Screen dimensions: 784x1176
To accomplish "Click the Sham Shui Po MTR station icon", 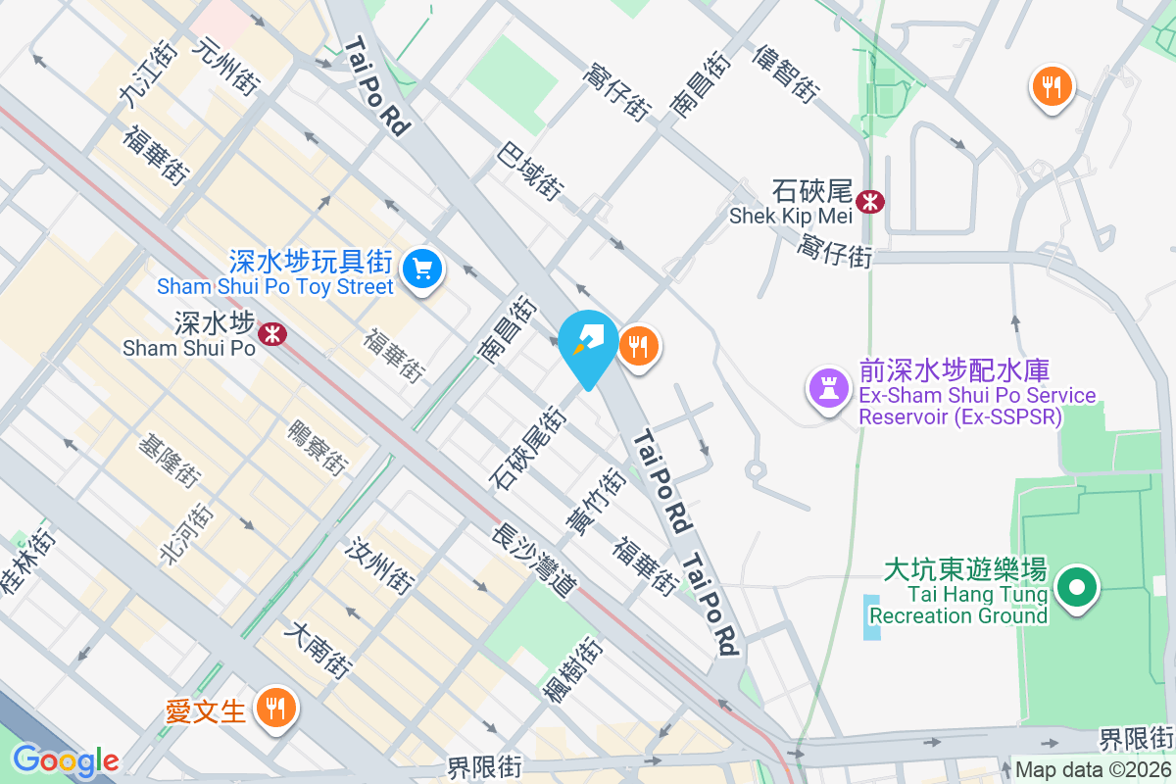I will coord(271,336).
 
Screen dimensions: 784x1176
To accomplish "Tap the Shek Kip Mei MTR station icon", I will coord(869,202).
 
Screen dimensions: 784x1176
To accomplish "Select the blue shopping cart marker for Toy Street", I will coord(423,268).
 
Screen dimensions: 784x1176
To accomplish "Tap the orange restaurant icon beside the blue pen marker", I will coord(639,347).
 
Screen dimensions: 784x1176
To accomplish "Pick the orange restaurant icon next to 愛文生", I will coord(275,708).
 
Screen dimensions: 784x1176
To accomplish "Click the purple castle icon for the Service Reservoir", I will coord(829,389).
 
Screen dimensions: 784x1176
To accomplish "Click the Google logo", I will coord(65,760).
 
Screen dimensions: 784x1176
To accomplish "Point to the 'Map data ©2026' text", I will coord(1092,770).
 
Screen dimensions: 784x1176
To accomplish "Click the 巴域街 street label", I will coord(530,172).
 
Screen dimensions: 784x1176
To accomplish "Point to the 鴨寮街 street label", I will coord(318,449).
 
